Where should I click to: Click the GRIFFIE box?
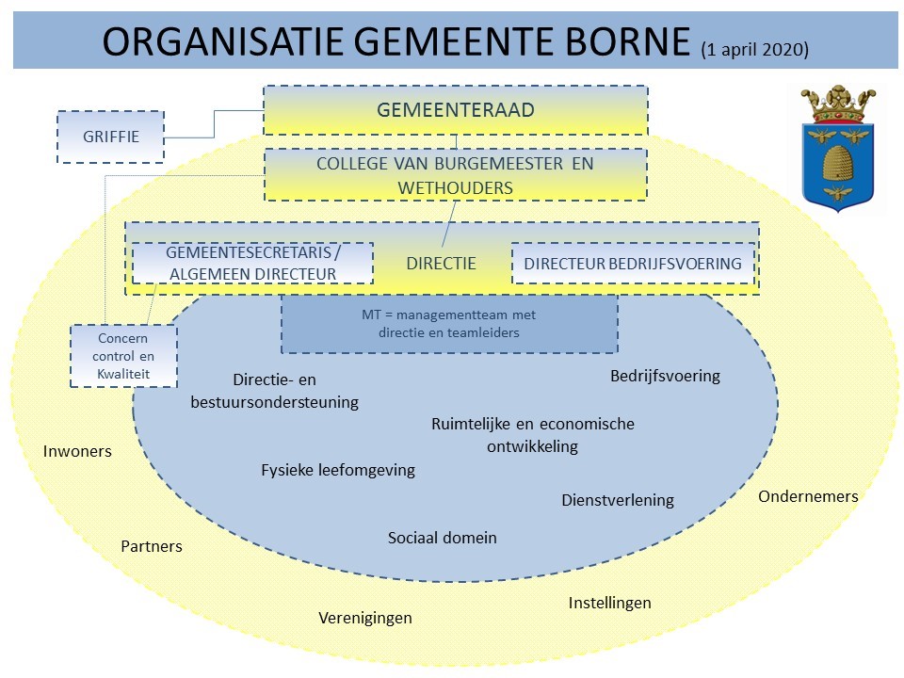[110, 137]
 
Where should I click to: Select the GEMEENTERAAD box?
[456, 110]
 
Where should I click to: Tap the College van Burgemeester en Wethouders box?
[456, 175]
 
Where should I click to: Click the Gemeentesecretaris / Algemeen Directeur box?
[252, 264]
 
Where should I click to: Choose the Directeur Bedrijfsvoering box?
[633, 264]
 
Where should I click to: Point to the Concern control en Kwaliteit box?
[122, 356]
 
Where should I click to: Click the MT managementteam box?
[449, 324]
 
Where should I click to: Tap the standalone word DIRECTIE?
[442, 264]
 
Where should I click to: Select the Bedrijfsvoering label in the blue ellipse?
[665, 376]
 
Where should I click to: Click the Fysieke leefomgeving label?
[338, 470]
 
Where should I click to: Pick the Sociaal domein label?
[443, 538]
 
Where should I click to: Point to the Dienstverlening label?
[618, 500]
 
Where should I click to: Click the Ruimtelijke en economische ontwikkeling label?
[533, 435]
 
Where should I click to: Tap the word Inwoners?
[77, 451]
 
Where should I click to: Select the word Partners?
[152, 546]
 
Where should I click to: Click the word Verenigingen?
[365, 618]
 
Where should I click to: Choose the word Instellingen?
[610, 603]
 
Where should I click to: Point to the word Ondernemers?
[809, 496]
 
